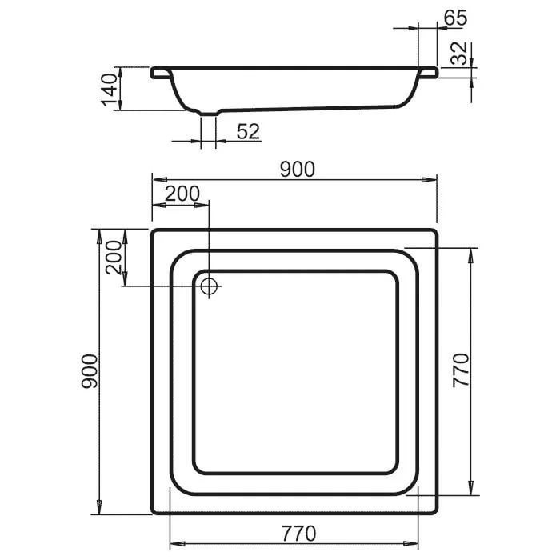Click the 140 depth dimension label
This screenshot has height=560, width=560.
point(110,90)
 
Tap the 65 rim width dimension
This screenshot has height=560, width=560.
point(455,18)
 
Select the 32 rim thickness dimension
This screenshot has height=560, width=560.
point(459,53)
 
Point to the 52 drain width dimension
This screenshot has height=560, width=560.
point(248,131)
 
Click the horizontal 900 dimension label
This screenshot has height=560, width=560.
point(298,169)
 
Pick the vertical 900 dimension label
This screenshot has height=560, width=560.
point(89,371)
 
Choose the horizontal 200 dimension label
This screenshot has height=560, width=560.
point(182,194)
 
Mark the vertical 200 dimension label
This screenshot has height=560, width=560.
point(114,257)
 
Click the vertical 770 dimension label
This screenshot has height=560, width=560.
point(461,370)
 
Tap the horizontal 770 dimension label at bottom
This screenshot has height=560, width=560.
point(298,534)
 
